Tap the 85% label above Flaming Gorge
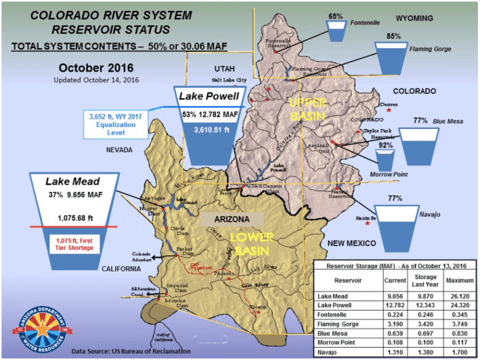tap(393, 36)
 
